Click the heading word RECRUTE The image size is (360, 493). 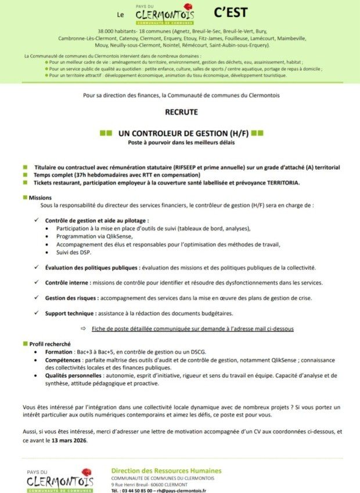click(x=180, y=111)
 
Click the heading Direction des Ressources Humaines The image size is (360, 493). click(x=166, y=470)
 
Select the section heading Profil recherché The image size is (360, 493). click(x=50, y=344)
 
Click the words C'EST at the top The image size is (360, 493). click(x=229, y=12)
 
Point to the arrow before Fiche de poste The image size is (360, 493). click(x=84, y=329)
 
